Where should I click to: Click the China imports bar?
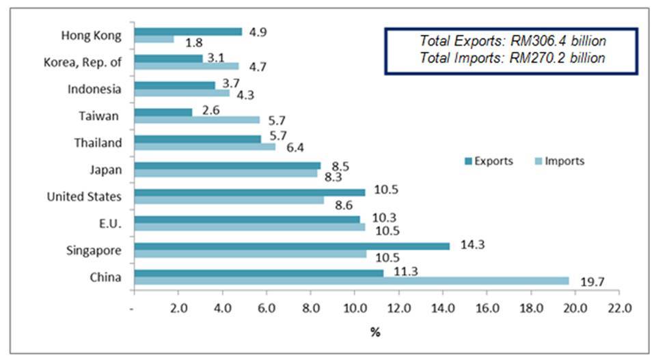click(351, 281)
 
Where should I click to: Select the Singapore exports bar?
click(292, 246)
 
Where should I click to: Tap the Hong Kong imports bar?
click(154, 40)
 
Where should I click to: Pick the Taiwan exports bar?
click(163, 111)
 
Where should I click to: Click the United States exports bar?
click(249, 192)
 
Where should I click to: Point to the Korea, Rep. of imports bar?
click(187, 66)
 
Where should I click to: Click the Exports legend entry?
click(488, 161)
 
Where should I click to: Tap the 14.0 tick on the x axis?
click(442, 307)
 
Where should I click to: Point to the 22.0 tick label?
click(618, 307)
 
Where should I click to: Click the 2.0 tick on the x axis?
click(178, 307)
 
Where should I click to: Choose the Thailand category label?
click(98, 143)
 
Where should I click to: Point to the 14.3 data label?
click(468, 245)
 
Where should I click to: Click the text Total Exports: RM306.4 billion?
click(513, 41)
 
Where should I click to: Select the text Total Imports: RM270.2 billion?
click(513, 58)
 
